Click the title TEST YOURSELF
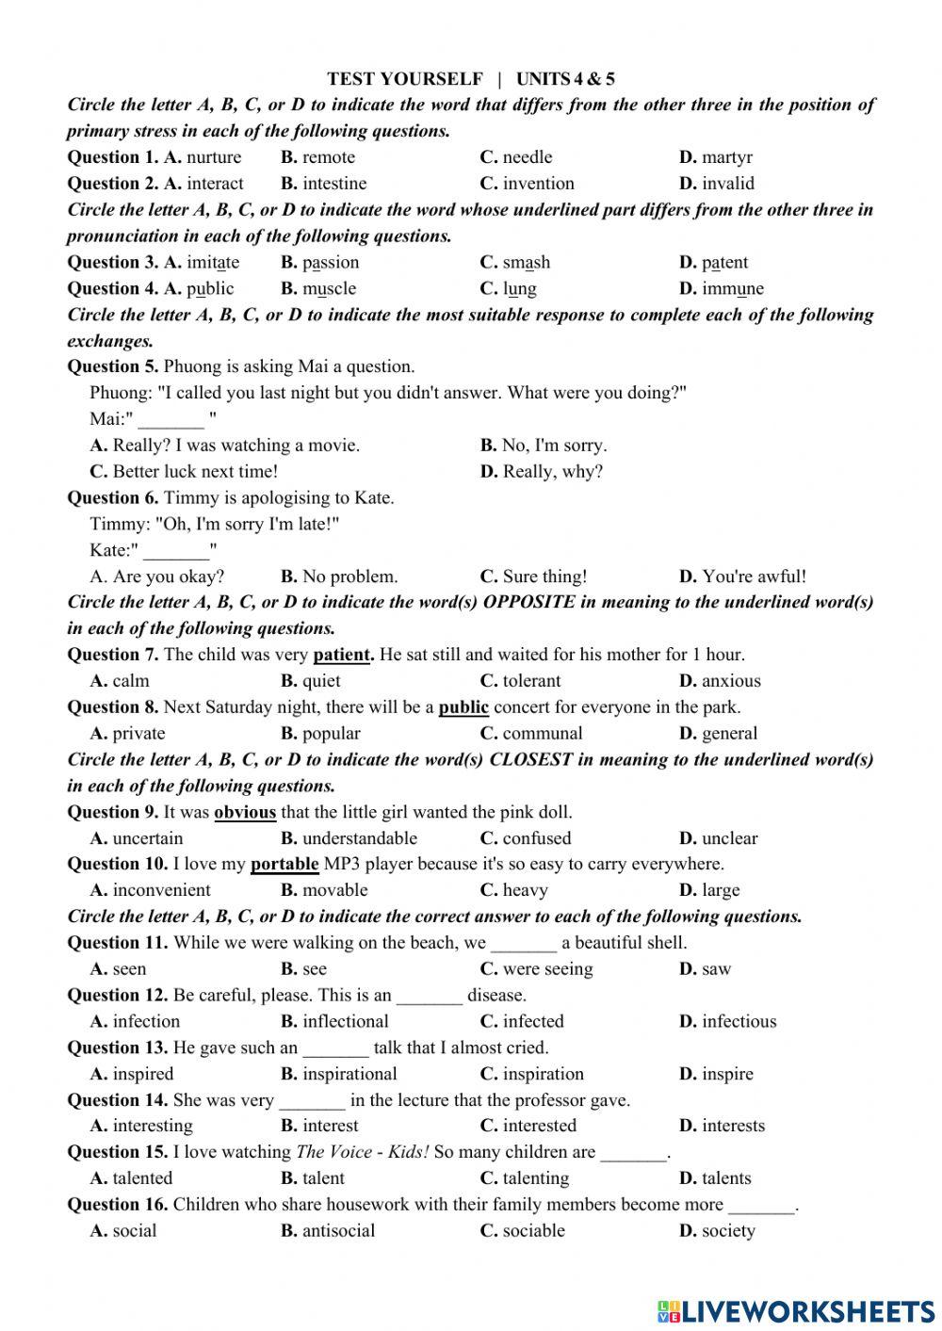405,79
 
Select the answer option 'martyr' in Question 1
726,157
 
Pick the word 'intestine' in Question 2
334,184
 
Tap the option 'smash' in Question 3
526,263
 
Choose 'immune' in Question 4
732,289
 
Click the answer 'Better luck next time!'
195,472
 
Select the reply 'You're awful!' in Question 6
754,576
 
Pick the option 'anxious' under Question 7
731,681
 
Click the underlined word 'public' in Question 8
463,707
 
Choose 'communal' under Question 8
543,734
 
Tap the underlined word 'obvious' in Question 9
245,812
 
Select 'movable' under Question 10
335,890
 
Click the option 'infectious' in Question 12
739,1021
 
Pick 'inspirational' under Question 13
349,1074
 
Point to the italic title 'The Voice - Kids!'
363,1152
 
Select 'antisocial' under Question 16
338,1231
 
